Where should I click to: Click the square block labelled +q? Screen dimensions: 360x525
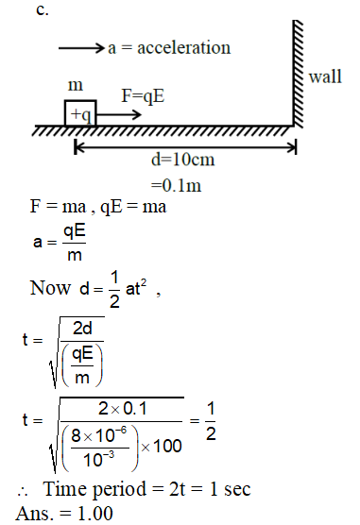click(79, 113)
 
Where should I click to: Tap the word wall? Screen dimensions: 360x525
click(326, 76)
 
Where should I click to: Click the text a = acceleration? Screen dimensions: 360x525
click(169, 46)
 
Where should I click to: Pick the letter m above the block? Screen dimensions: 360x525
click(75, 86)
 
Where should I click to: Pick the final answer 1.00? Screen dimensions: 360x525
click(80, 515)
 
